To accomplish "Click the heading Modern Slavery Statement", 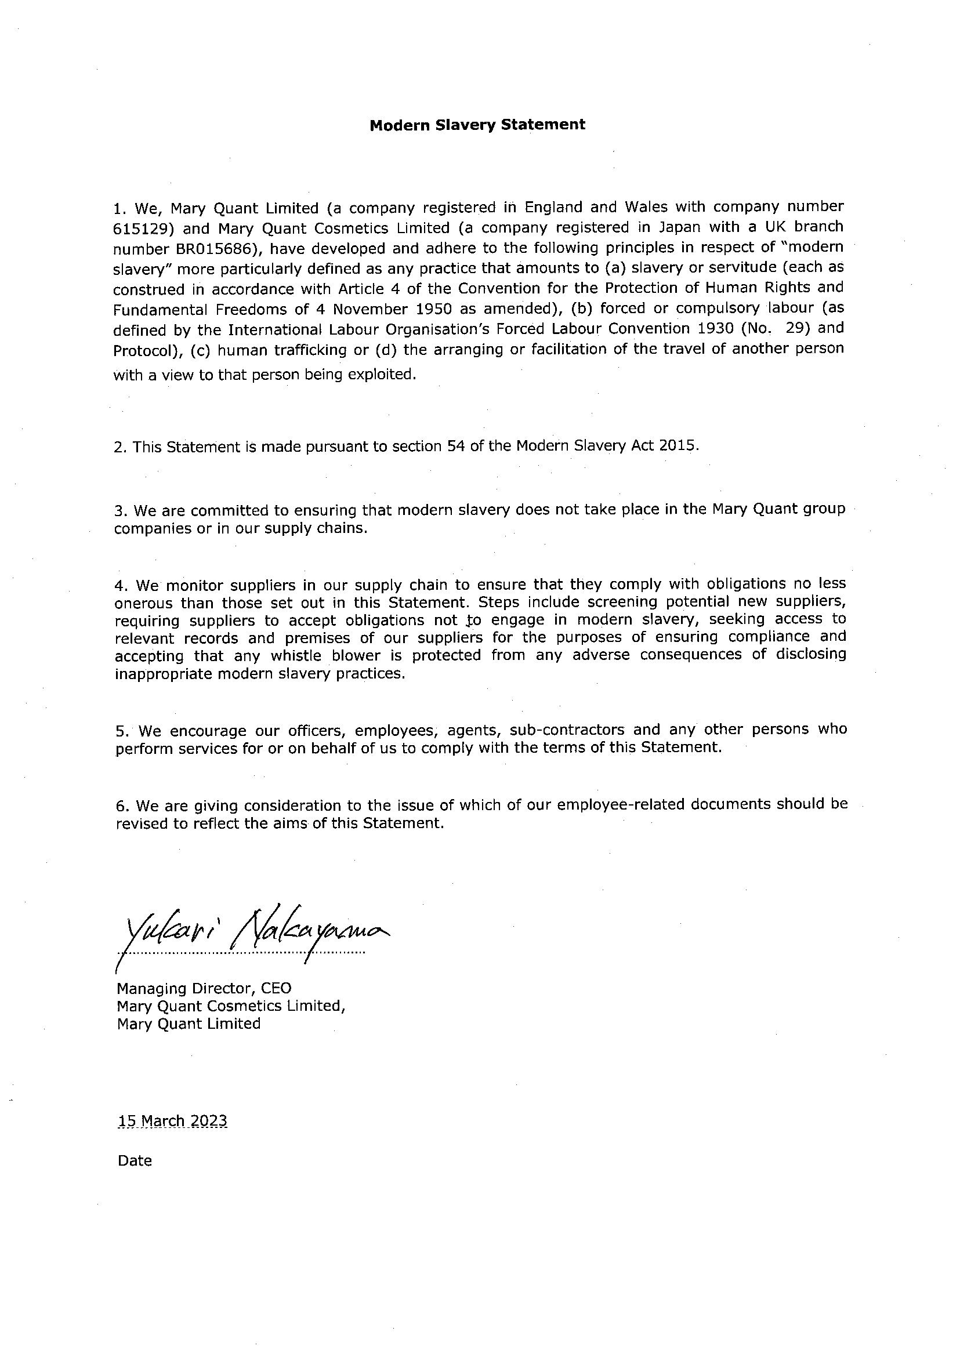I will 477,125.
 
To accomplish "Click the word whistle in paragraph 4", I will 294,655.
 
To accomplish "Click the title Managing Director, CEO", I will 204,988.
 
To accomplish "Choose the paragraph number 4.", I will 121,586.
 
